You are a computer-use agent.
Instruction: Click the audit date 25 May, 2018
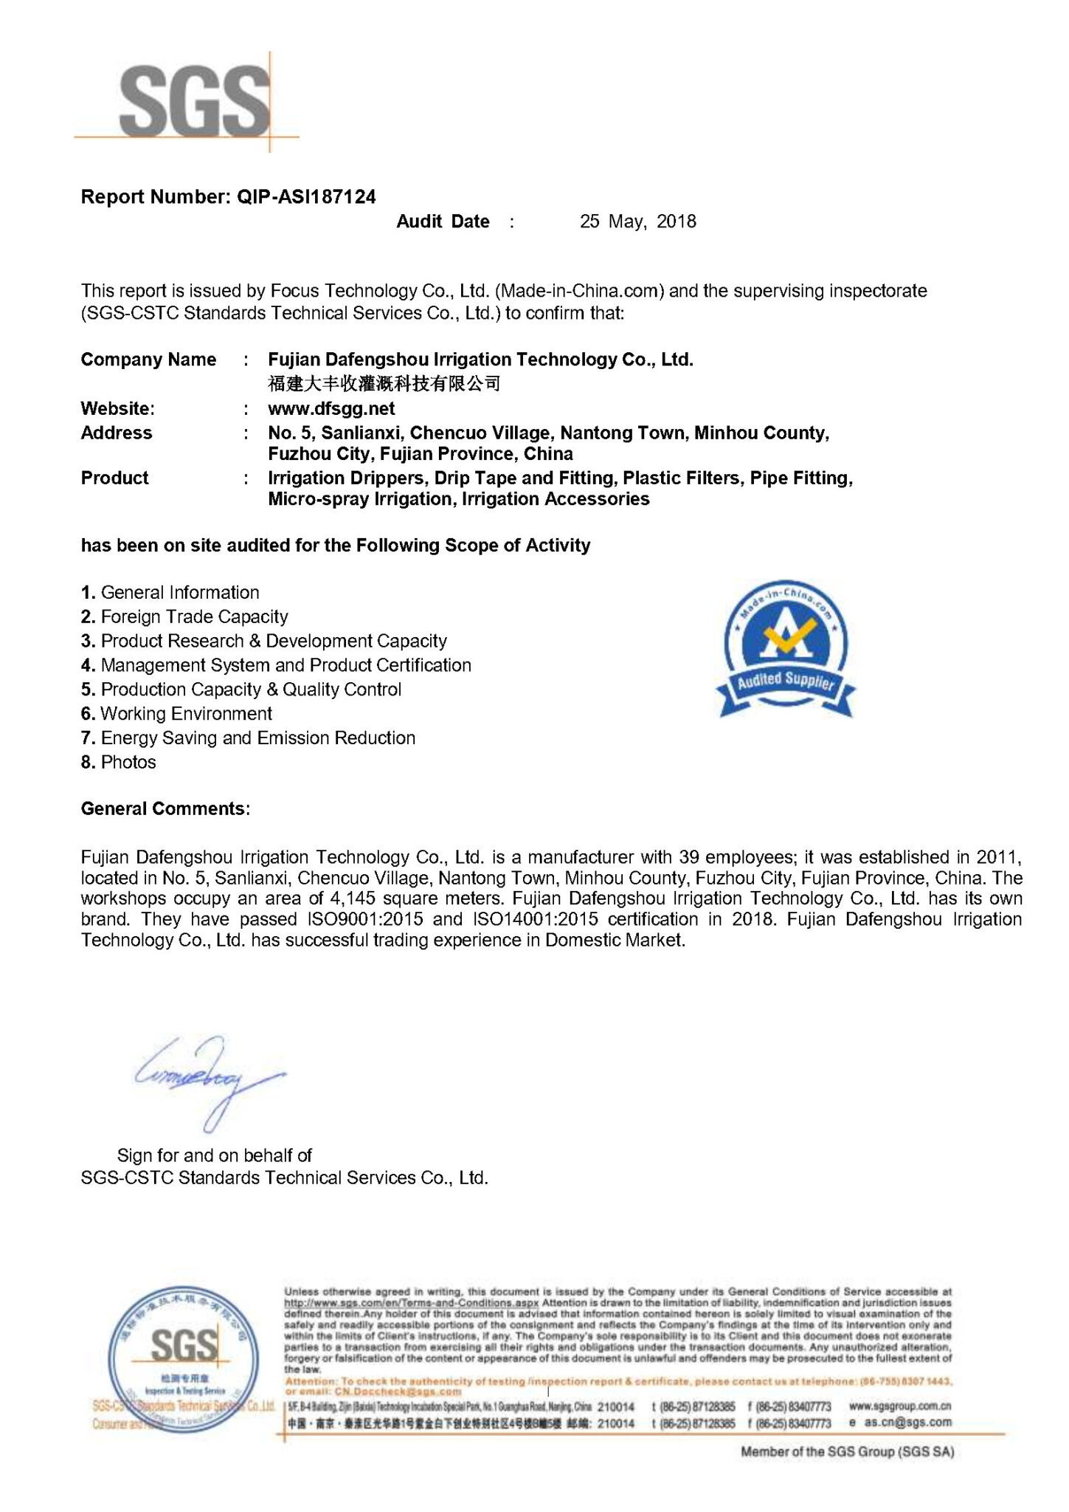pyautogui.click(x=637, y=221)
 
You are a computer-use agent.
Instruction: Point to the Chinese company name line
pyautogui.click(x=384, y=383)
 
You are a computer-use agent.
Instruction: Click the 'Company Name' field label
pyautogui.click(x=148, y=360)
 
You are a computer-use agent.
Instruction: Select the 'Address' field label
pyautogui.click(x=116, y=433)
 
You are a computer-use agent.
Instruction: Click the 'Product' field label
pyautogui.click(x=114, y=478)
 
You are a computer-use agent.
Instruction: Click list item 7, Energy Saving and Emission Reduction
pyautogui.click(x=248, y=738)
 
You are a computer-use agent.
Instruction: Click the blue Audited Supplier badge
pyautogui.click(x=786, y=649)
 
